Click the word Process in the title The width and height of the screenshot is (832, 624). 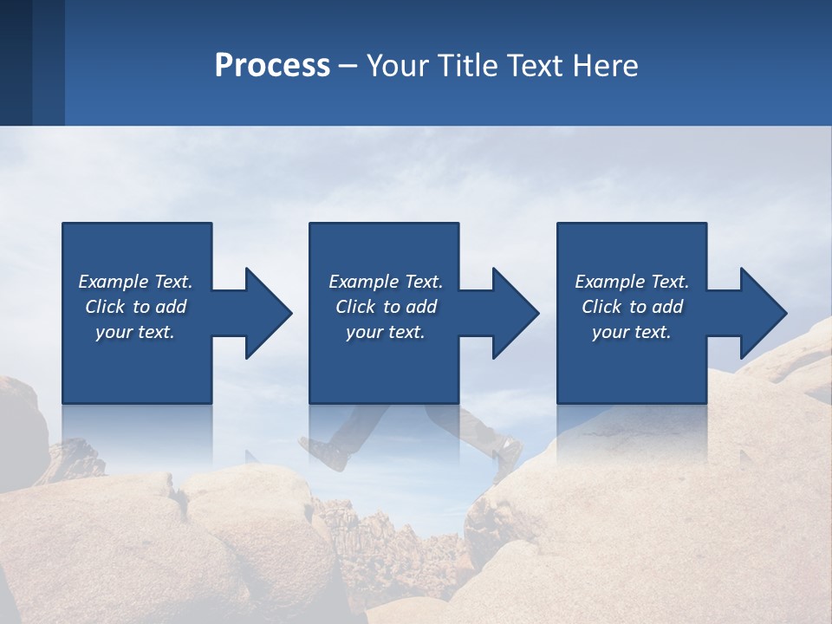pyautogui.click(x=272, y=66)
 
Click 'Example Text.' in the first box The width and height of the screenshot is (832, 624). pyautogui.click(x=135, y=282)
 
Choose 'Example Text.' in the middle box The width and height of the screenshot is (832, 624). pyautogui.click(x=386, y=282)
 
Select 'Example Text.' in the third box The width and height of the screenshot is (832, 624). pyautogui.click(x=632, y=282)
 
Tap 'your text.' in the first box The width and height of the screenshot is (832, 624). pyautogui.click(x=135, y=332)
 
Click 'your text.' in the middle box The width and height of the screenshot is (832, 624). pyautogui.click(x=386, y=332)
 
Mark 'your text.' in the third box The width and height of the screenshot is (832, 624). pyautogui.click(x=632, y=332)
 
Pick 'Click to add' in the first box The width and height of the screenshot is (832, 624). pyautogui.click(x=135, y=307)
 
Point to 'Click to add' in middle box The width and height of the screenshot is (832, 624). pyautogui.click(x=386, y=307)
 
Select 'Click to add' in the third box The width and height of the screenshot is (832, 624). pyautogui.click(x=632, y=307)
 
